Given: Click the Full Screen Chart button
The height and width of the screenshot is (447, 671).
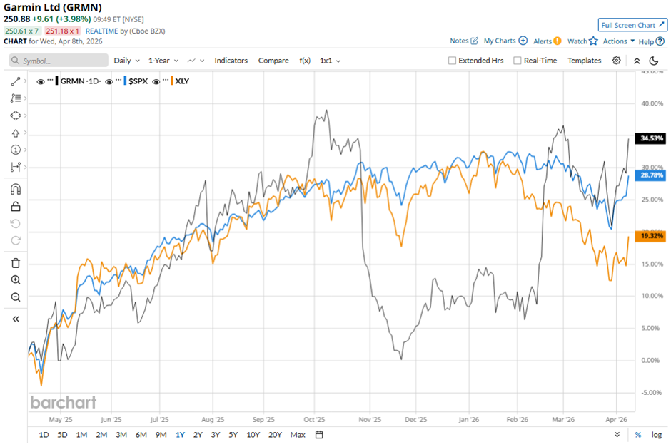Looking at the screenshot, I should pos(632,25).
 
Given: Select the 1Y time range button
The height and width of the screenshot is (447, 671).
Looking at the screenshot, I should pos(179,435).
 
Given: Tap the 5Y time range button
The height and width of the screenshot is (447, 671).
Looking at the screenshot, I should pos(233,435).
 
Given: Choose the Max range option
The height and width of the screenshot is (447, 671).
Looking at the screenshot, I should pos(298,435).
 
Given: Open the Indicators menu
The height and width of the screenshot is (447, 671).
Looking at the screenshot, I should pos(231,61).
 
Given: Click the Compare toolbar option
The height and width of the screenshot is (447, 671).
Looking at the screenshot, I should pos(273,61).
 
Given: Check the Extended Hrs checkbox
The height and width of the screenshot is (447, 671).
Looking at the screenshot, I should pos(452,61).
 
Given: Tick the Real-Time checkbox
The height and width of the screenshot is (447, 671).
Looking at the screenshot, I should pos(518,61).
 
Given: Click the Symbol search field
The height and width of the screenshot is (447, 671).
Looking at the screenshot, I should pos(57,61).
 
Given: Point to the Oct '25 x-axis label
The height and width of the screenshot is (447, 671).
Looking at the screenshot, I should pos(314,421).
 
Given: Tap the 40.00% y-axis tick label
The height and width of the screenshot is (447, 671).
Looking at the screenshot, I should pos(649,103).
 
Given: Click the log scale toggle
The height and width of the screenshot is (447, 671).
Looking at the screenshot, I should pos(656,435).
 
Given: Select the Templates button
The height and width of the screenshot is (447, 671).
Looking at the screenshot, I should pos(584,61).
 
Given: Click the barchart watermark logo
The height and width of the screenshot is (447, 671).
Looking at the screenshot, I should pos(63,402).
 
